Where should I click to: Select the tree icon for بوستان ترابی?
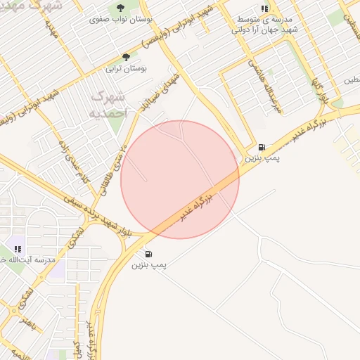(x=127, y=57)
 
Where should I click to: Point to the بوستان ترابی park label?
(x=124, y=69)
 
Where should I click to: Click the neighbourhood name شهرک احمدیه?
(x=111, y=103)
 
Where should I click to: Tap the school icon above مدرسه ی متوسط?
(x=264, y=9)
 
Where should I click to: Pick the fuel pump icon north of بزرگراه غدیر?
(x=262, y=147)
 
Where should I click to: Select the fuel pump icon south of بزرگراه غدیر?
(x=148, y=254)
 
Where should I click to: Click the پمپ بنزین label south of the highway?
(x=148, y=266)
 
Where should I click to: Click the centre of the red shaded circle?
(x=180, y=179)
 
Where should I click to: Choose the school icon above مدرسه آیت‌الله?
(x=18, y=249)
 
